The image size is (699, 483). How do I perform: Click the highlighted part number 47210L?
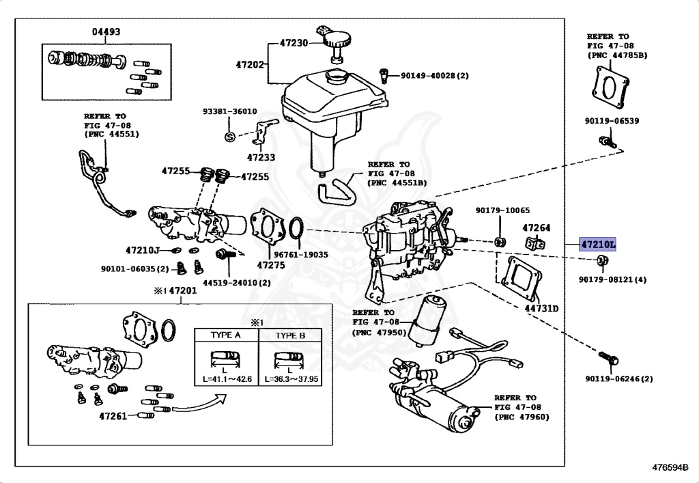click(597, 244)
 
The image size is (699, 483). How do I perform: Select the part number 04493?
click(106, 31)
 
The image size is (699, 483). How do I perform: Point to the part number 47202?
click(250, 65)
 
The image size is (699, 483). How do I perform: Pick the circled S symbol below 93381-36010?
click(229, 136)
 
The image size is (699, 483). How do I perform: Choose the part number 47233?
click(261, 157)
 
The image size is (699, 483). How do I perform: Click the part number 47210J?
click(143, 250)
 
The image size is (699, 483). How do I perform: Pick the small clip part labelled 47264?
click(536, 243)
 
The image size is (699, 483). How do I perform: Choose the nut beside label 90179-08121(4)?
click(602, 260)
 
